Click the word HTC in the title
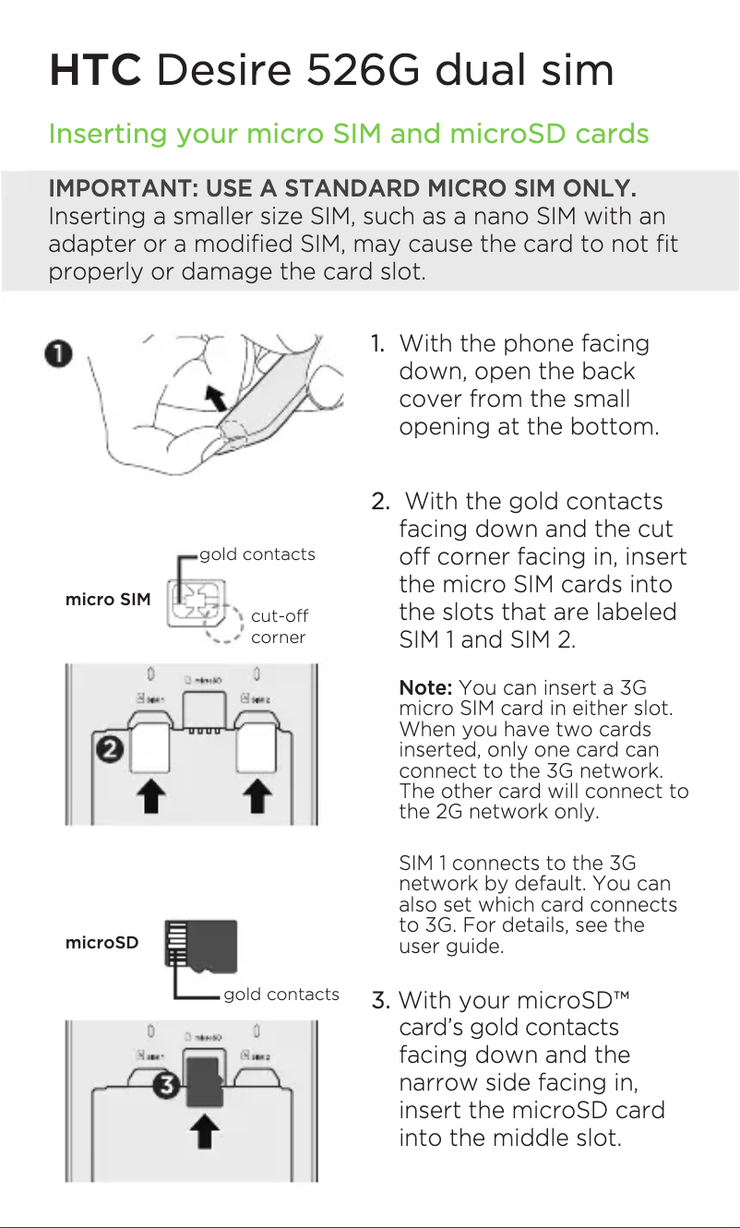tap(95, 71)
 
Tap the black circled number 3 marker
tap(165, 1086)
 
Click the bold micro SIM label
tap(107, 600)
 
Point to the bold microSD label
tap(101, 943)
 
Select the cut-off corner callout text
tap(279, 626)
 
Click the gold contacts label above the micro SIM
tap(257, 554)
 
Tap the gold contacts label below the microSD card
tap(281, 994)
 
